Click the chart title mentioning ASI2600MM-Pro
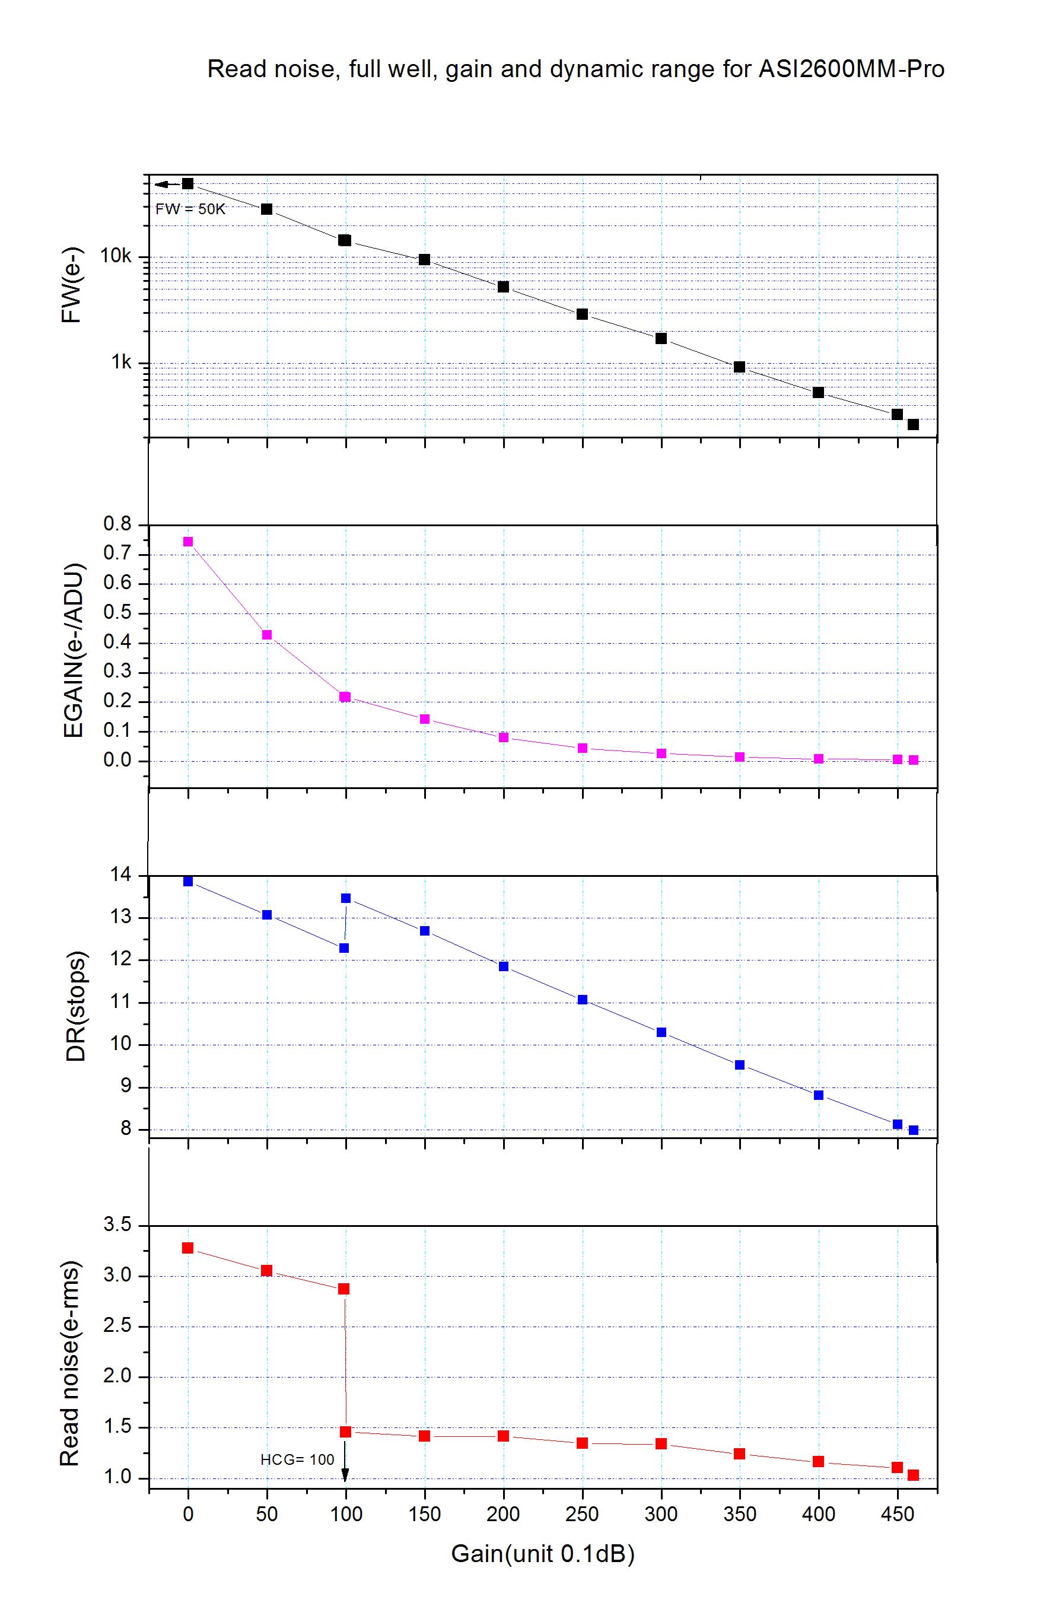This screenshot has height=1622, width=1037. click(x=575, y=69)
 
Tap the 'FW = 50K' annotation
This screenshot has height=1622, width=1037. click(x=190, y=209)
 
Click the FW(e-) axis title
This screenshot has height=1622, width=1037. click(x=71, y=287)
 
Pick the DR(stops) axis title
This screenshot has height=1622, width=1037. click(x=76, y=1006)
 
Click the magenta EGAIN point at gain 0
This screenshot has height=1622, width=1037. click(x=188, y=542)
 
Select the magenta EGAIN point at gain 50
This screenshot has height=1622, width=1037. click(x=266, y=635)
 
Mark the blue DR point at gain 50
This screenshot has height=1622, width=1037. click(x=266, y=915)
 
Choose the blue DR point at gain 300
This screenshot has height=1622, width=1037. click(x=661, y=1032)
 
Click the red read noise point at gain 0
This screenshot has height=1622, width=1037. click(x=188, y=1248)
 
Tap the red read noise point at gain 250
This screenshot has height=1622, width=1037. click(x=583, y=1443)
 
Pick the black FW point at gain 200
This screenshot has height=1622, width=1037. click(x=503, y=287)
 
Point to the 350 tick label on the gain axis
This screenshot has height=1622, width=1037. click(x=740, y=1515)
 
